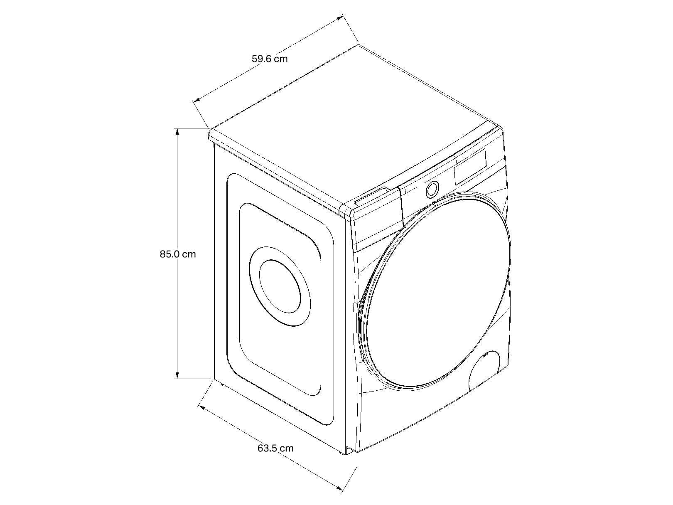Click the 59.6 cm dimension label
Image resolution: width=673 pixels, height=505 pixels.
tap(270, 59)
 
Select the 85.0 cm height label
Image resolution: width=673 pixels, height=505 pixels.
tap(177, 254)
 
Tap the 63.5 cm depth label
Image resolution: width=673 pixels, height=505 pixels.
tap(275, 448)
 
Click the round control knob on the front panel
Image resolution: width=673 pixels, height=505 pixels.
tap(432, 189)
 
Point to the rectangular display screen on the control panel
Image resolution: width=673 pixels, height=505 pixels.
tap(470, 167)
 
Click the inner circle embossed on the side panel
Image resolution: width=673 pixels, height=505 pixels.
tap(280, 286)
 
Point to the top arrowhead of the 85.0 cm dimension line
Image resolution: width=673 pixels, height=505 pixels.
tap(177, 131)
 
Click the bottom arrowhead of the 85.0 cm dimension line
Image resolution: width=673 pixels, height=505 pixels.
tap(177, 375)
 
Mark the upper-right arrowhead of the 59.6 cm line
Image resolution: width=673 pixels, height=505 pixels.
tap(339, 18)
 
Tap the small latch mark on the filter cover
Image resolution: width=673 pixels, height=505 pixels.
tap(485, 356)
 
